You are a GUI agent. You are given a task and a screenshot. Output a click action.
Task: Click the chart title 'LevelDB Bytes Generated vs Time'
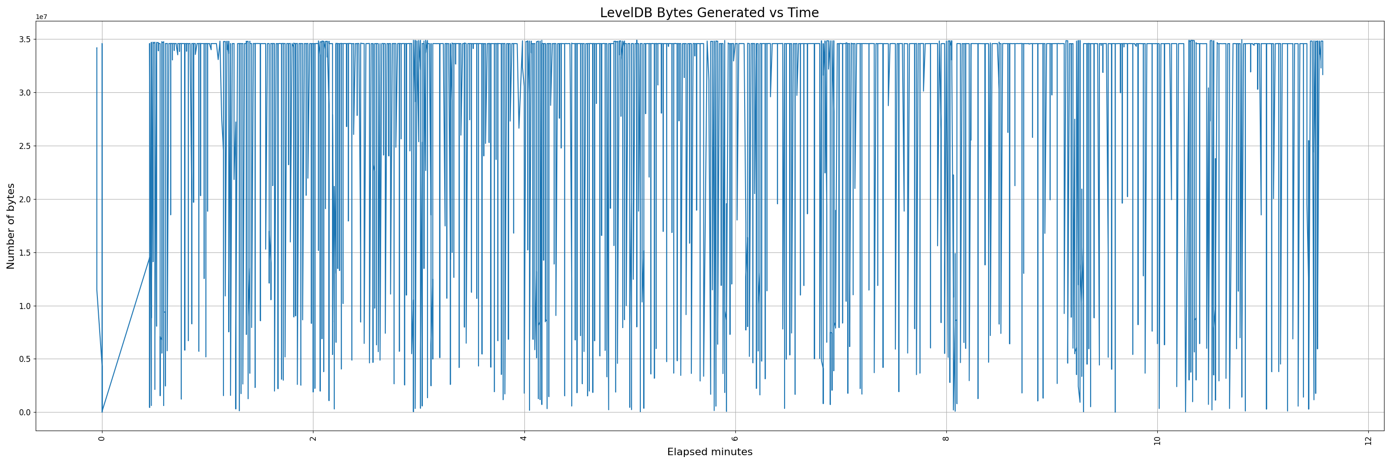[709, 13]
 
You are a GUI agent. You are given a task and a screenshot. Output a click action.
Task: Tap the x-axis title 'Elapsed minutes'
[709, 452]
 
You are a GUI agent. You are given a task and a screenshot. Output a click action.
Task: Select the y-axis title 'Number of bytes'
[11, 226]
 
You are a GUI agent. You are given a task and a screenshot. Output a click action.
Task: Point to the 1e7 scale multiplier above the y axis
[42, 17]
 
